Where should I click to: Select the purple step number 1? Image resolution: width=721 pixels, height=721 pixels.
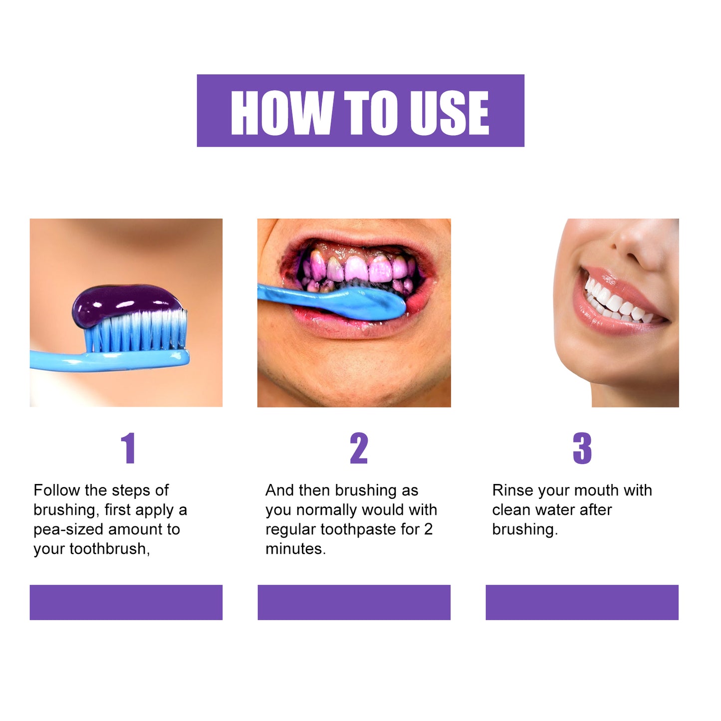tap(129, 448)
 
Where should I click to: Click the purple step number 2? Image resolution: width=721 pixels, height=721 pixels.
tap(359, 448)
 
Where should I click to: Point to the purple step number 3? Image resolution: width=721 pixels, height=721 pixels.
tap(582, 448)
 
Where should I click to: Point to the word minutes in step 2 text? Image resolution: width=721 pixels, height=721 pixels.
tap(295, 549)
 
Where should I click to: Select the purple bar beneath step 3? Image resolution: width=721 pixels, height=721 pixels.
tap(582, 602)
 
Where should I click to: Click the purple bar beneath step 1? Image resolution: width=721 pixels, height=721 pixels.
tap(126, 602)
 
